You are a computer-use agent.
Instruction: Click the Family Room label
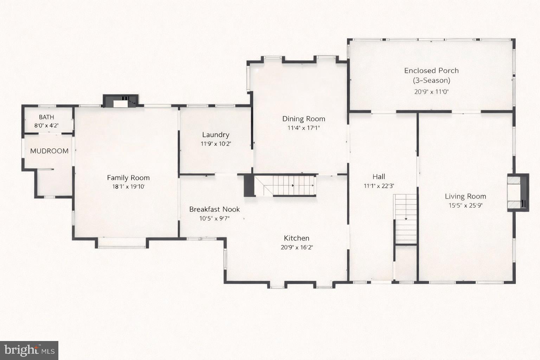(x=128, y=178)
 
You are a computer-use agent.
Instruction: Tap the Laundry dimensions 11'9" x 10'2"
(x=216, y=144)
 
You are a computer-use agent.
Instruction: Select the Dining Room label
(x=304, y=119)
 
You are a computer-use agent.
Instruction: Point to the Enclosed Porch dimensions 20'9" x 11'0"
(x=431, y=92)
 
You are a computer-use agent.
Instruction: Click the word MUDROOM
(x=49, y=151)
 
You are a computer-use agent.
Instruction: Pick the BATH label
(x=46, y=117)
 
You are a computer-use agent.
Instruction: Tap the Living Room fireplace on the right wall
(x=517, y=193)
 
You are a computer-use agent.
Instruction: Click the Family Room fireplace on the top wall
(x=121, y=101)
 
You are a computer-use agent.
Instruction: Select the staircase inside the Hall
(x=405, y=219)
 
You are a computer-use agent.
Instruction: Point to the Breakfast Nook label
(x=214, y=210)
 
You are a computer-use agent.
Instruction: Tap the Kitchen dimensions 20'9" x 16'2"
(x=297, y=247)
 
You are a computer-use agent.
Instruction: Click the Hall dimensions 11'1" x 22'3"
(x=379, y=186)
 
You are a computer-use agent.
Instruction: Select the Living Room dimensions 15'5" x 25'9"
(x=465, y=206)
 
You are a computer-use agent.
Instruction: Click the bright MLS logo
(x=29, y=350)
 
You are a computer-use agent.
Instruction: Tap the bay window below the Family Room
(x=122, y=243)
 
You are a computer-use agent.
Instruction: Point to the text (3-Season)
(x=431, y=81)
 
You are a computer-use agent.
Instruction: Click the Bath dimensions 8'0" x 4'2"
(x=46, y=126)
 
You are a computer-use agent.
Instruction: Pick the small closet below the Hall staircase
(x=405, y=262)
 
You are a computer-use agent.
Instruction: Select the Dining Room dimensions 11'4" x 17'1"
(x=304, y=128)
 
